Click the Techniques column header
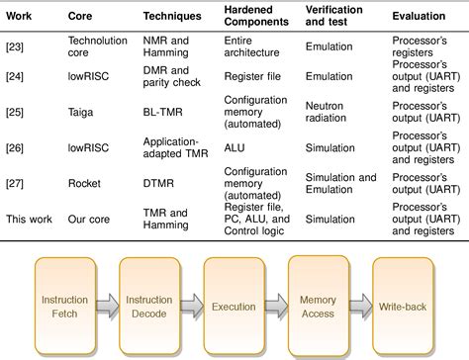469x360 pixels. coord(176,18)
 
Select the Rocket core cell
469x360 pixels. coord(85,183)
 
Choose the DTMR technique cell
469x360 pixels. coord(161,183)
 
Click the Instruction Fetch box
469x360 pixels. coord(65,307)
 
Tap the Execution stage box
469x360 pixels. coord(234,307)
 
